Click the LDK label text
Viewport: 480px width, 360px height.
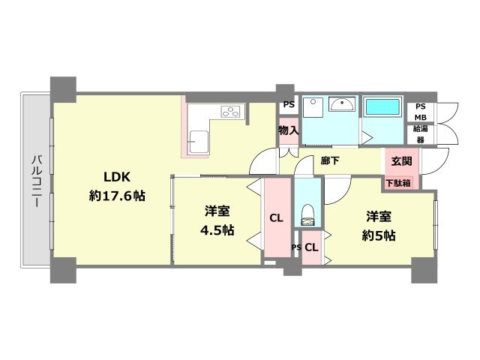click(117, 177)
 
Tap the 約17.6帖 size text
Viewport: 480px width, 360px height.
click(117, 196)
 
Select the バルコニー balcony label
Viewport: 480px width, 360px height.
click(37, 181)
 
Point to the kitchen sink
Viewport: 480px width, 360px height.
click(198, 142)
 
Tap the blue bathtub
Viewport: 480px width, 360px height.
click(382, 106)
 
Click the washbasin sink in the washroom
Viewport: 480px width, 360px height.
click(342, 104)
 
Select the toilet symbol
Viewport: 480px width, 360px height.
click(307, 215)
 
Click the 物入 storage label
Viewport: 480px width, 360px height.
click(288, 130)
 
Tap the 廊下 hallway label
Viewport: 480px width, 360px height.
click(330, 160)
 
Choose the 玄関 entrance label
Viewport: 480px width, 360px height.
click(401, 161)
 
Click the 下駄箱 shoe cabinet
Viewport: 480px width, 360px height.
click(398, 183)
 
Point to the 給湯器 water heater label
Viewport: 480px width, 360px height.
click(421, 134)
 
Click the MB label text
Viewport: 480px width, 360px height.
click(421, 117)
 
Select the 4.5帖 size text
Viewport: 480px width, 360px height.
click(217, 230)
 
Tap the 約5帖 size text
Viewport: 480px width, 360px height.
click(379, 235)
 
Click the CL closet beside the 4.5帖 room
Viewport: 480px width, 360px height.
click(277, 217)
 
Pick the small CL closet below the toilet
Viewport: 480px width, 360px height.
click(312, 247)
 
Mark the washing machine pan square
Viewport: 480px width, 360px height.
click(313, 107)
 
